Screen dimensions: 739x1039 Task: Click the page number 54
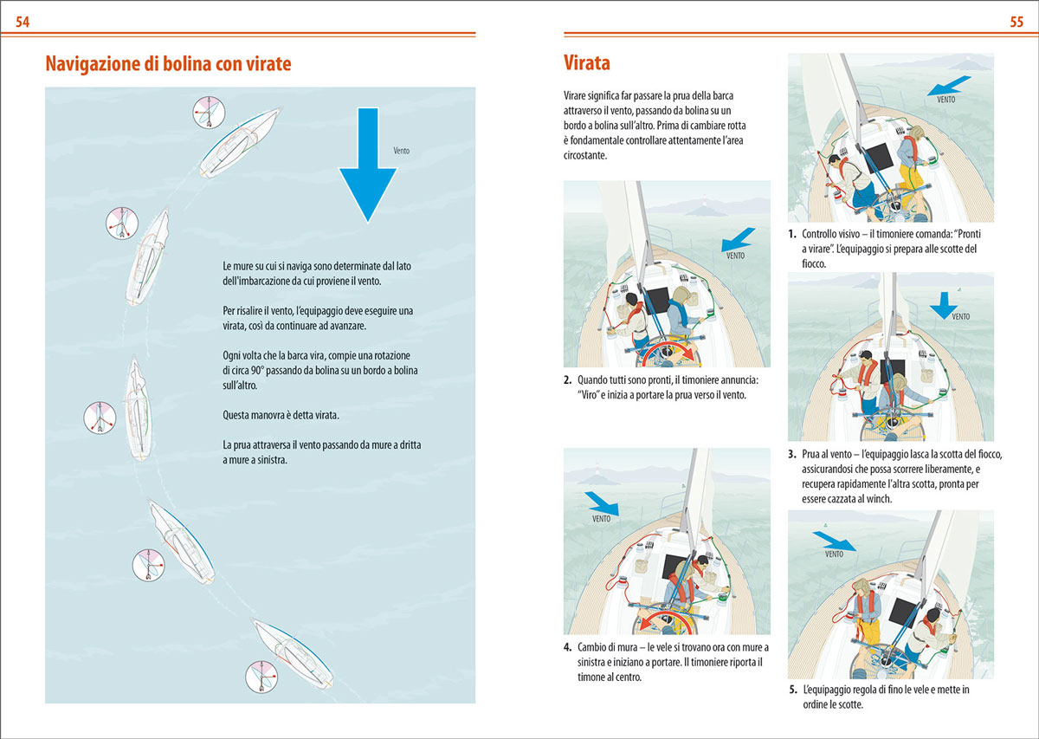click(23, 23)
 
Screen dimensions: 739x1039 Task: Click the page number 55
click(1016, 23)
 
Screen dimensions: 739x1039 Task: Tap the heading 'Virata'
click(586, 63)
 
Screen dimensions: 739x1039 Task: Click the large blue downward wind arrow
click(367, 165)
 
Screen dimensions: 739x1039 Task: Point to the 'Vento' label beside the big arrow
click(402, 151)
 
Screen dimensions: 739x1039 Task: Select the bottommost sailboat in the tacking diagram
click(291, 651)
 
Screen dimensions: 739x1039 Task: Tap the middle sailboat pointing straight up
click(139, 407)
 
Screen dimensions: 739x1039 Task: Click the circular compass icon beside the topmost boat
click(209, 113)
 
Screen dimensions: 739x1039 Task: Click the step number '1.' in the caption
click(792, 235)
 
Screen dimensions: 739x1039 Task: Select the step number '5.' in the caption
click(793, 690)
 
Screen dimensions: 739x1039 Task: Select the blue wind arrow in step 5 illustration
click(834, 541)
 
